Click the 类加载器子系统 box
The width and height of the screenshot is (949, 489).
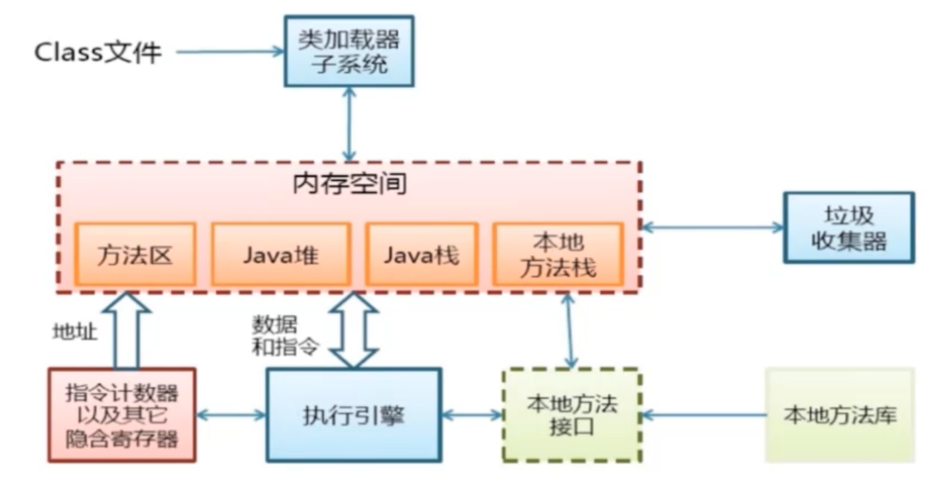tap(349, 50)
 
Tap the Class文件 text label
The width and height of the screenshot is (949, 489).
tap(98, 52)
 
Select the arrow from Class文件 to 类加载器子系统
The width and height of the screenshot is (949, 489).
tap(230, 52)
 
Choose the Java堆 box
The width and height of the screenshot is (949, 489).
tap(281, 254)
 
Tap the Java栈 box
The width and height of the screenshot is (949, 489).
tap(421, 254)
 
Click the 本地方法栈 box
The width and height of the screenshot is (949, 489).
tap(557, 254)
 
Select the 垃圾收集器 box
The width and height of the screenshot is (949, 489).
tap(848, 227)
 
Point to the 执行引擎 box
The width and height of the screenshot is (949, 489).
tap(353, 416)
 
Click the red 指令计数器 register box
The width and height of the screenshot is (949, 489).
tap(122, 415)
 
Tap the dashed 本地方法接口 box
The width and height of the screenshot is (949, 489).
tap(571, 415)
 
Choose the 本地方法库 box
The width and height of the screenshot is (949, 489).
tap(840, 416)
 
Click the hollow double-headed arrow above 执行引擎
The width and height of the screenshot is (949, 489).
tap(353, 329)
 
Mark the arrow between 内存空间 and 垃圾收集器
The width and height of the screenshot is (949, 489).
tap(712, 227)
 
